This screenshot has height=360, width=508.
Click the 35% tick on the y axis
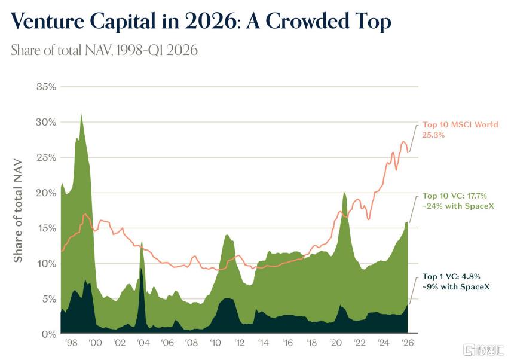pos(46,87)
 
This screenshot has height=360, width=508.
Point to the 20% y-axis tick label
pos(46,193)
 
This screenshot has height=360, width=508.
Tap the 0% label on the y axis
pos(49,334)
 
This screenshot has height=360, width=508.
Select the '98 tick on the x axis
pos(71,343)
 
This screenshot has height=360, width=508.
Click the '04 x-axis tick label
pos(143,343)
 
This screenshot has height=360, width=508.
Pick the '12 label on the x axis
pos(239,343)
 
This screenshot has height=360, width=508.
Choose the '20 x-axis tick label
pos(335,343)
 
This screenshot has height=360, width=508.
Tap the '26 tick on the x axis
pos(408,343)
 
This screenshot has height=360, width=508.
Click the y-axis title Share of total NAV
pos(17,210)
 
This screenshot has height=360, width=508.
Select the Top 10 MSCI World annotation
pos(460,125)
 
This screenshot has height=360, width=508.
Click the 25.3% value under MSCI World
pos(433,135)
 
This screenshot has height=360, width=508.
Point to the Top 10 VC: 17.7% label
pos(455,196)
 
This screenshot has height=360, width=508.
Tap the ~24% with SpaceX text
pos(458,206)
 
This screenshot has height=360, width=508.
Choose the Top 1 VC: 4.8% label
pos(451,277)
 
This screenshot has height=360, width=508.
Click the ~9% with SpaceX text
pos(456,287)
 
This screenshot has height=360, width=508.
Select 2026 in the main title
pos(210,22)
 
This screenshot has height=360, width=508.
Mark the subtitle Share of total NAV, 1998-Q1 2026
pos(105,50)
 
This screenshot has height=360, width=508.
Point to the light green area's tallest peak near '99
pos(81,114)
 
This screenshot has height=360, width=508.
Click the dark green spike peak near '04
pos(141,269)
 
